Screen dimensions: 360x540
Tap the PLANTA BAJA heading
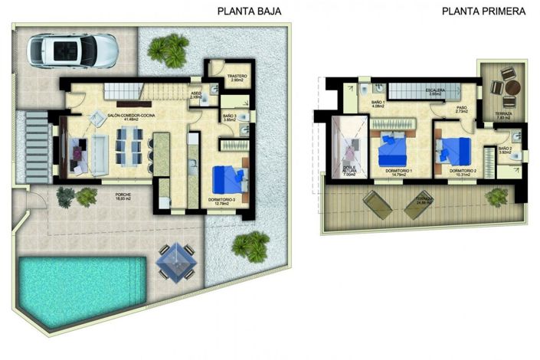pos(250,11)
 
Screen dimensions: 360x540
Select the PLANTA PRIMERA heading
pos(484,11)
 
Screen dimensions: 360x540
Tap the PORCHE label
pos(123,195)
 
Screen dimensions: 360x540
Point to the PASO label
pos(461,108)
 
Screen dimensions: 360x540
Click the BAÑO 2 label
pos(504,148)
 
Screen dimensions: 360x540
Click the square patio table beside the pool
pos(174,261)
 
